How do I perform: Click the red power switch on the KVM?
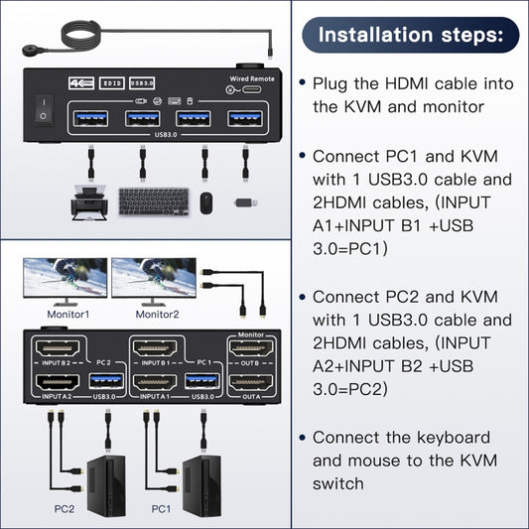click(42, 108)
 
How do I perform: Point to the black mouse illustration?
click(206, 201)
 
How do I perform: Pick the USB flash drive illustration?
click(244, 202)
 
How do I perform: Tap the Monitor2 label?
click(156, 315)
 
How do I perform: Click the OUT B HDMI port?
click(252, 350)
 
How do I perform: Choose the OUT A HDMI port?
click(252, 383)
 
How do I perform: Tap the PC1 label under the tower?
click(160, 508)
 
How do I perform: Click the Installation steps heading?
click(418, 35)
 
